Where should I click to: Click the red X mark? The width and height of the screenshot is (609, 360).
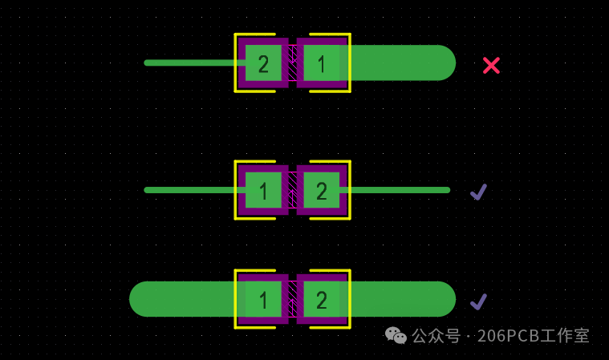pyautogui.click(x=491, y=65)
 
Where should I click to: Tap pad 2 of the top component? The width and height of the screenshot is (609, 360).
pyautogui.click(x=263, y=63)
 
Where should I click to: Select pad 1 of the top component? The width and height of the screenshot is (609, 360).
pyautogui.click(x=321, y=63)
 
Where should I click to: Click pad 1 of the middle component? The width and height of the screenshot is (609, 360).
pyautogui.click(x=263, y=190)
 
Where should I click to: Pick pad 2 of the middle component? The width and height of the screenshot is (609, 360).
pyautogui.click(x=321, y=190)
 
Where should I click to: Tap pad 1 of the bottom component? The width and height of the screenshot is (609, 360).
pyautogui.click(x=263, y=299)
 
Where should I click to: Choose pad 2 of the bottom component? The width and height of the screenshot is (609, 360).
pyautogui.click(x=321, y=299)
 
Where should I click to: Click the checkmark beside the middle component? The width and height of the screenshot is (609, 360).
pyautogui.click(x=478, y=192)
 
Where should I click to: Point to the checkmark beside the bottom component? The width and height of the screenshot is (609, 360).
pyautogui.click(x=478, y=301)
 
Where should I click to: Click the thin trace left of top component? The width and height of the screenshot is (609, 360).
pyautogui.click(x=189, y=63)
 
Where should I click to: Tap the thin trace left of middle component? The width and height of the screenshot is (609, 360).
pyautogui.click(x=189, y=190)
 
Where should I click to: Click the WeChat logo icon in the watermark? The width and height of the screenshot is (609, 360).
pyautogui.click(x=395, y=335)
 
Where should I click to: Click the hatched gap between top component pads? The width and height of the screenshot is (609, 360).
pyautogui.click(x=292, y=63)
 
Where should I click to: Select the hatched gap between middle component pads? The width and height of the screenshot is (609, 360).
pyautogui.click(x=292, y=190)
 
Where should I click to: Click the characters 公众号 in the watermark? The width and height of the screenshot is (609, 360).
pyautogui.click(x=436, y=336)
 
